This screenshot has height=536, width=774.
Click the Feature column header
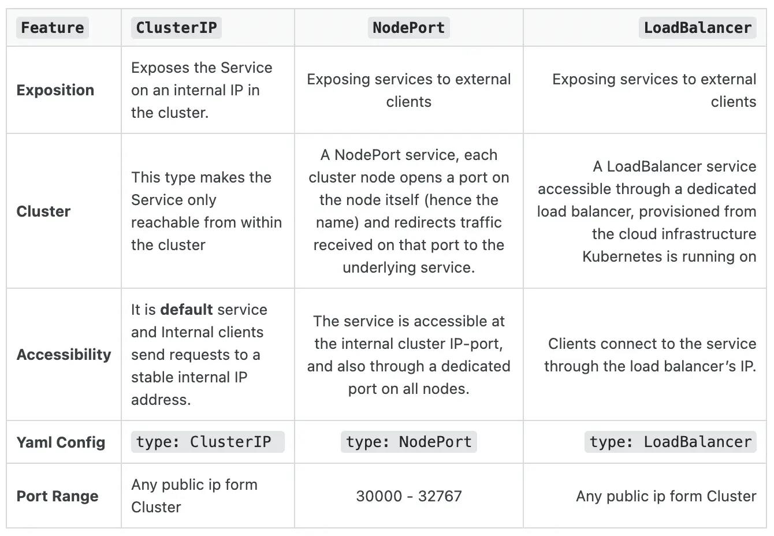53,28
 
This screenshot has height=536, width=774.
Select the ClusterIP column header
176,28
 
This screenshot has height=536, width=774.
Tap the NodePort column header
409,28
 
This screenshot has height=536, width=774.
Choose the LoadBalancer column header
698,28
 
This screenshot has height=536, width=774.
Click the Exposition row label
55,90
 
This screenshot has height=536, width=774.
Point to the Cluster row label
43,211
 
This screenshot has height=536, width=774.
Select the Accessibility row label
64,355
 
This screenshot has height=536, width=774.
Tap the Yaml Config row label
61,442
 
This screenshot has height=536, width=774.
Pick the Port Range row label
58,496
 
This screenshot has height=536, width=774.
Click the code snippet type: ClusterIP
208,442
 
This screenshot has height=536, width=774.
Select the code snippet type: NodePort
409,442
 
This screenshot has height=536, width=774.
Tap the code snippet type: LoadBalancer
671,442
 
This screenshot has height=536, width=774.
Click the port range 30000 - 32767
409,496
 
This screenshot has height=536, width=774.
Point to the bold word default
187,310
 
